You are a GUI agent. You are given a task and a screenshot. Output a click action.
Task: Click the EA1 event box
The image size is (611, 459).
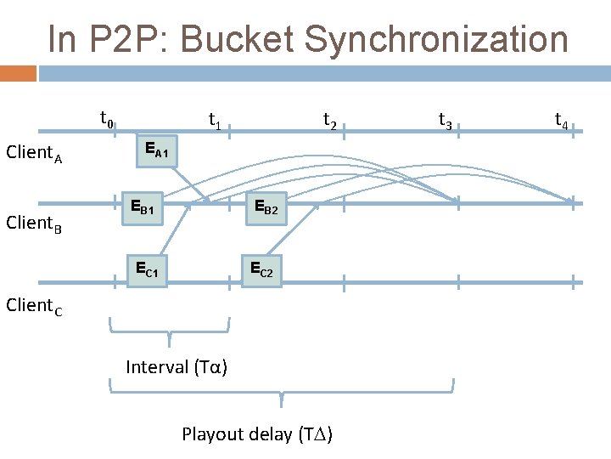pos(157,150)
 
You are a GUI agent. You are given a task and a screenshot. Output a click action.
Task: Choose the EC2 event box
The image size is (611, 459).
pos(261,269)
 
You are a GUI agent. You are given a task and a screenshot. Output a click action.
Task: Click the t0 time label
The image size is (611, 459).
pos(108,119)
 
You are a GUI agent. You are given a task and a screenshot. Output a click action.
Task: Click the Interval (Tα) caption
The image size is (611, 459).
pos(177,367)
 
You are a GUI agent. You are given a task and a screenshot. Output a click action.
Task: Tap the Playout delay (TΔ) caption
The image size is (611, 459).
pos(257,434)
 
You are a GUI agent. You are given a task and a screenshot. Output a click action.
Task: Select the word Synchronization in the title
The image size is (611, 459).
pos(433,39)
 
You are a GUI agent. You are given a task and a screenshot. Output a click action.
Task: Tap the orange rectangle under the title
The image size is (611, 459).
pos(18,74)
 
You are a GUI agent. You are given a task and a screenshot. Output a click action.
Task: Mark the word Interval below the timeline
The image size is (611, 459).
pos(157,367)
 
